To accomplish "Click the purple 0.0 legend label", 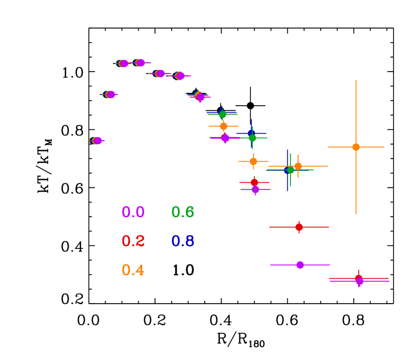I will [133, 212].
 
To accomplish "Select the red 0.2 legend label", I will [133, 241].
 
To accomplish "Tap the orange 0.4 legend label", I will [133, 270].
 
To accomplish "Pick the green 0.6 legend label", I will [183, 212].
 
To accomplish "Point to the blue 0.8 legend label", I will [183, 241].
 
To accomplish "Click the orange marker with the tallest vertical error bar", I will [356, 147].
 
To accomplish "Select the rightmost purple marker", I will [360, 281].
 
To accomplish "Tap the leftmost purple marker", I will [98, 141].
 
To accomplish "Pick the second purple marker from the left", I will [111, 94].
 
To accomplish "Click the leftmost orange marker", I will [223, 126].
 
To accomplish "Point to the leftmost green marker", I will [222, 114].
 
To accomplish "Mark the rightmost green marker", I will [290, 170].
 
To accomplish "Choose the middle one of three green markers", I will [252, 138].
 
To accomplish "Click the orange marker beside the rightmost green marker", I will [298, 166].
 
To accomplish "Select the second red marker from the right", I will [299, 227].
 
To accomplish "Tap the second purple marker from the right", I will [300, 265].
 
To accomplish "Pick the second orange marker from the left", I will [253, 161].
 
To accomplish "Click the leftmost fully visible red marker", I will [254, 182].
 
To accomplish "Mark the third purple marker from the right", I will [255, 189].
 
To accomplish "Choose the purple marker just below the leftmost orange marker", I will [225, 138].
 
